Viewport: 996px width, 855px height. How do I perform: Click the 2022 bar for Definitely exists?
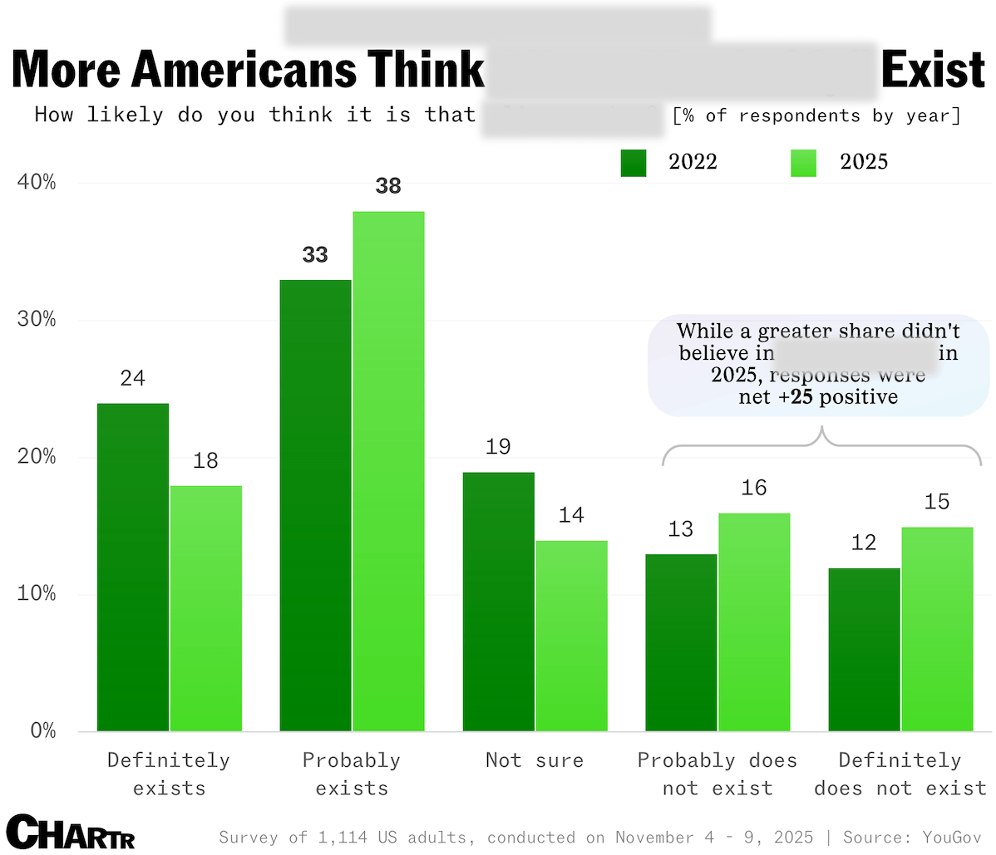coord(133,567)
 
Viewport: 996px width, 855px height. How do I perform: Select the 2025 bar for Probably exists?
coord(388,471)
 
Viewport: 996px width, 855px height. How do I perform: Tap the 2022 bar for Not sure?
coord(498,602)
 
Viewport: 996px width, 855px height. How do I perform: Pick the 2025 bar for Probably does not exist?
coord(754,622)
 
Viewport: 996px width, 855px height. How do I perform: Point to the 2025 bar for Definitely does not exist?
coord(937,629)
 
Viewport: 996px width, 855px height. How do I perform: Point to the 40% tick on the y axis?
coord(37,182)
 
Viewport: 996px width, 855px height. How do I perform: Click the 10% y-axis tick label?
coord(37,594)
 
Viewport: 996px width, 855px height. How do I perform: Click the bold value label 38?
coord(388,186)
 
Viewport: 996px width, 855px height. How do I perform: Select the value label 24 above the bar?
coord(133,379)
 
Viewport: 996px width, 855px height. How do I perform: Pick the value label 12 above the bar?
coord(864,543)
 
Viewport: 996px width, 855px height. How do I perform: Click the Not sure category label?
coord(535,760)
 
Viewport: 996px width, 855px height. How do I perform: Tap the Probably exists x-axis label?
coord(352,774)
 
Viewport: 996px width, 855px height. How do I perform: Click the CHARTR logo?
coord(74,832)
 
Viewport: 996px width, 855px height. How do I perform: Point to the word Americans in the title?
coord(246,70)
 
